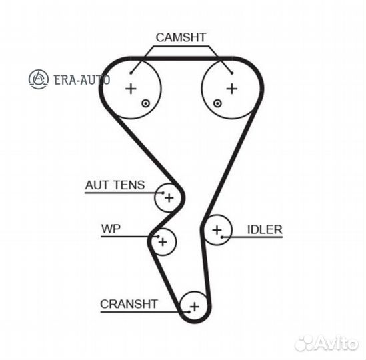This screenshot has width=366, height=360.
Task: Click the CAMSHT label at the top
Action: tap(181, 37)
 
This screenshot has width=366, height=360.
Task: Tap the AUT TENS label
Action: tap(115, 185)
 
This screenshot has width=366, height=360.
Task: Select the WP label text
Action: tap(111, 229)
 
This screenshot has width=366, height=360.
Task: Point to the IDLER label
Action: tap(265, 230)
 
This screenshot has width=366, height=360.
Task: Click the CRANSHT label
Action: tap(129, 304)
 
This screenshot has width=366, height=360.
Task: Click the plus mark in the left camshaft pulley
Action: tap(131, 89)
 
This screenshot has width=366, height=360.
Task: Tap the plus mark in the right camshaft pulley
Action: tap(232, 89)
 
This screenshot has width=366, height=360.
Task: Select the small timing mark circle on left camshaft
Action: tap(145, 103)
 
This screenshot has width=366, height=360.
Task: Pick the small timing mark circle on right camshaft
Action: tap(217, 103)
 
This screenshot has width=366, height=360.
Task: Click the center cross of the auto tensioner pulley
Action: tap(169, 198)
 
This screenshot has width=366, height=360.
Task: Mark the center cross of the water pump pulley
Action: tap(163, 242)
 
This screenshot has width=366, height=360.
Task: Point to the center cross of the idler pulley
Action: tap(217, 230)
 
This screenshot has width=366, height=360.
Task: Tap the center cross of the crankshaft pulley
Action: tap(195, 307)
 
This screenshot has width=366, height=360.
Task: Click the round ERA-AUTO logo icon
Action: tap(39, 79)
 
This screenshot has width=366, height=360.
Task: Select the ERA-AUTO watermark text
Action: tap(82, 80)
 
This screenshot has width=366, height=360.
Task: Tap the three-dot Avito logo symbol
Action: tap(304, 343)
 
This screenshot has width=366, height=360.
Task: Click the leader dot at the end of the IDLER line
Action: tap(222, 237)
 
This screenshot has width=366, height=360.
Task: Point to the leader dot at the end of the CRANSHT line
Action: tap(189, 312)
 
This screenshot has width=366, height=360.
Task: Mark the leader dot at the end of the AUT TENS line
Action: tap(163, 193)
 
